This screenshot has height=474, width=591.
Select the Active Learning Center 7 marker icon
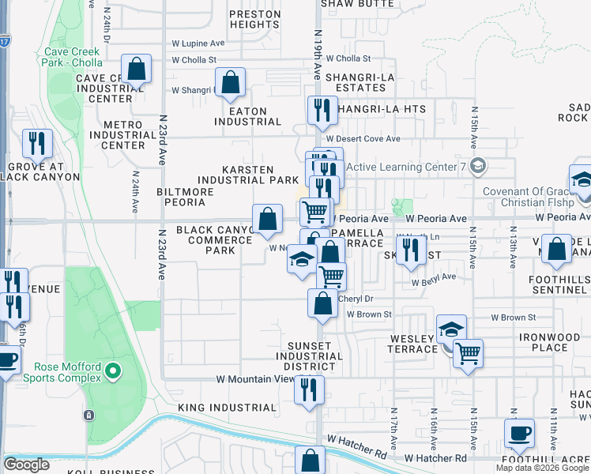(x=476, y=166)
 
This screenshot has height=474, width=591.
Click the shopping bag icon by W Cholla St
(x=136, y=68)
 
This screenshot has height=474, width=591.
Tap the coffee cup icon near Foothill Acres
(x=519, y=432)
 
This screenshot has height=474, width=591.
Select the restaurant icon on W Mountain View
(x=309, y=389)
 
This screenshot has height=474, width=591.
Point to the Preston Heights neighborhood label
(x=254, y=19)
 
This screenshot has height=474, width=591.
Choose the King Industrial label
(x=228, y=408)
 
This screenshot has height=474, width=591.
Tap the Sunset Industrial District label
(x=315, y=356)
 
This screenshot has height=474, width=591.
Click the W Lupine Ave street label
(x=198, y=43)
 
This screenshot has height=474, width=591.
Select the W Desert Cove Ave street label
(x=368, y=139)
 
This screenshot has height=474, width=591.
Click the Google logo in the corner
(x=27, y=465)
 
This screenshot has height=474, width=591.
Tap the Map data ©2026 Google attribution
(x=542, y=468)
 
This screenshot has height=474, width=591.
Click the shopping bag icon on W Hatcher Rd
(x=311, y=460)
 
